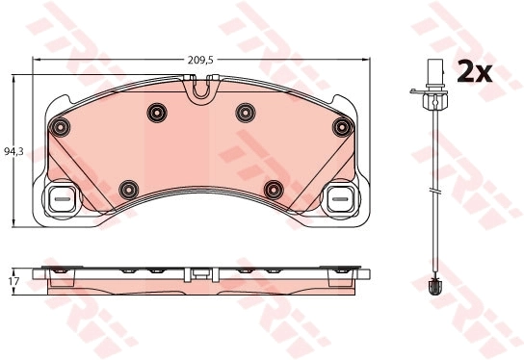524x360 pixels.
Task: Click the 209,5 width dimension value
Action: pyautogui.click(x=200, y=60)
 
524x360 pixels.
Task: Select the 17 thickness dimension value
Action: pyautogui.click(x=12, y=281)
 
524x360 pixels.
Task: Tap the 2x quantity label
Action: pyautogui.click(x=474, y=71)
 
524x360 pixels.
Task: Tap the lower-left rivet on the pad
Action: pyautogui.click(x=127, y=189)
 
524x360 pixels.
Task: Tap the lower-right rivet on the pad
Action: pyautogui.click(x=274, y=189)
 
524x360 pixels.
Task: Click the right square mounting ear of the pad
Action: pyautogui.click(x=339, y=201)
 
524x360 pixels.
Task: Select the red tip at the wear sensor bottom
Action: pyautogui.click(x=434, y=285)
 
